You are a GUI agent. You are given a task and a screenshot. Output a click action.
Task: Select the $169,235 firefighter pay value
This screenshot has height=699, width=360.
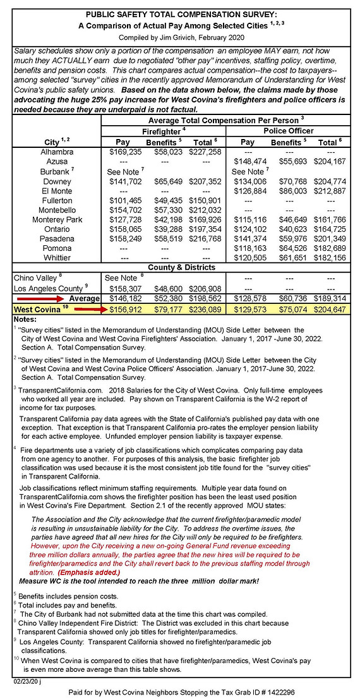[x=123, y=152]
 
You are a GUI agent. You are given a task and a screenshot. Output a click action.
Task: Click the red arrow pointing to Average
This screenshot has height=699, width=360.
[x=38, y=296]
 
